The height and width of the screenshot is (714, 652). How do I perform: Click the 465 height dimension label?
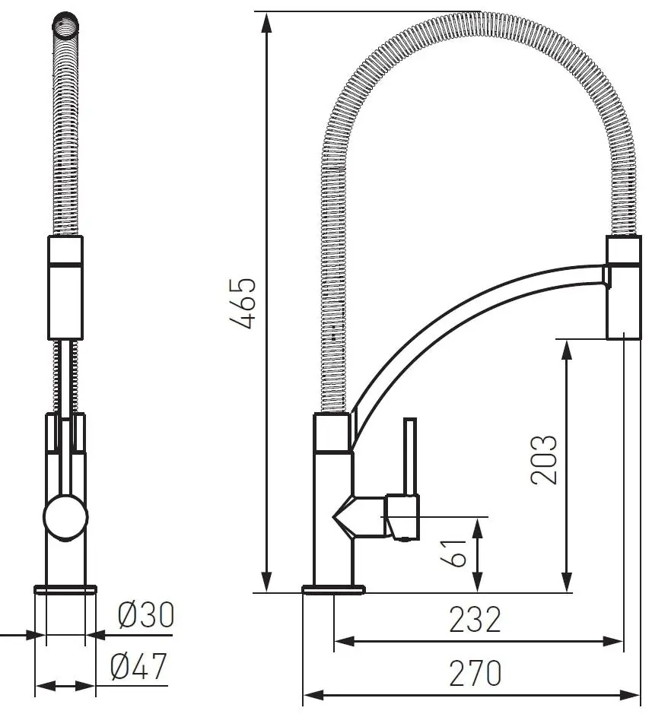click(243, 303)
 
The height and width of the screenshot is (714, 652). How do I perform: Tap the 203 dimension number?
click(544, 459)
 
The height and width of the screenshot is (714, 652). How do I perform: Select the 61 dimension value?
click(453, 554)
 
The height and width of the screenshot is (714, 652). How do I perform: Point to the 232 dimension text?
click(475, 619)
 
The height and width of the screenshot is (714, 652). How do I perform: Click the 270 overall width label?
click(475, 673)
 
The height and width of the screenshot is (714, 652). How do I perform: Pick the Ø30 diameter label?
click(146, 614)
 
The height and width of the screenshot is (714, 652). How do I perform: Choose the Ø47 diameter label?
click(138, 666)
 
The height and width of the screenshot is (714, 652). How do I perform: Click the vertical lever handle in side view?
click(411, 457)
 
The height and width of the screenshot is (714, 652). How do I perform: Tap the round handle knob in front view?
click(65, 517)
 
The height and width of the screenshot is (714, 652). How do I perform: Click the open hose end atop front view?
click(65, 24)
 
